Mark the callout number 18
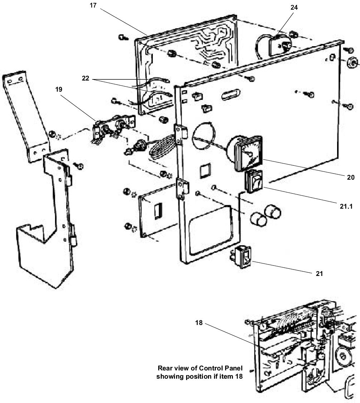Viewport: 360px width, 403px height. [199, 322]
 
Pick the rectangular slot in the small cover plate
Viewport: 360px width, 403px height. [158, 209]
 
